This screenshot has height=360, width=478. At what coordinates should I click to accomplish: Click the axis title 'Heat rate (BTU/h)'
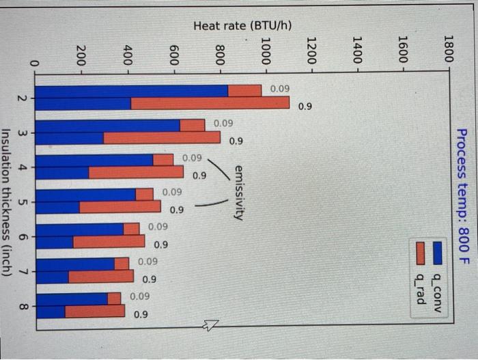click(242, 26)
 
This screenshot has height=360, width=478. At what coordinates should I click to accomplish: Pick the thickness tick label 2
click(23, 98)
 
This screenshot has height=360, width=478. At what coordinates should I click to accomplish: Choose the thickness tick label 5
click(23, 202)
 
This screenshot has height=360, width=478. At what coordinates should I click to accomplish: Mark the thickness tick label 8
click(23, 307)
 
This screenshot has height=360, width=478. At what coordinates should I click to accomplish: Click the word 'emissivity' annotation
click(238, 191)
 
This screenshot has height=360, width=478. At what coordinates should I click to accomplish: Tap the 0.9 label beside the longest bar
click(304, 107)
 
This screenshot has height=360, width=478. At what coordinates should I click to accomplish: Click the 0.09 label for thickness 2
click(279, 89)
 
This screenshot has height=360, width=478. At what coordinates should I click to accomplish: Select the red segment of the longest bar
click(210, 103)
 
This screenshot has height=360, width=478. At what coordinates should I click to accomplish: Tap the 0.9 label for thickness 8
click(140, 314)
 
